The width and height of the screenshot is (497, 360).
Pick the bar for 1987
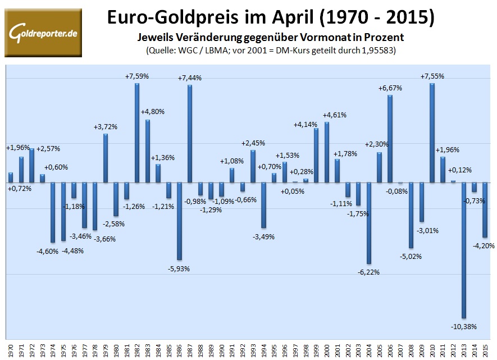pyautogui.click(x=190, y=134)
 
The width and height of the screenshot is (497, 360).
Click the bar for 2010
pyautogui.click(x=432, y=133)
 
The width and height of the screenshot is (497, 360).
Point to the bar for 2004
pyautogui.click(x=369, y=223)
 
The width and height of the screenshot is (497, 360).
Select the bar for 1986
pyautogui.click(x=179, y=221)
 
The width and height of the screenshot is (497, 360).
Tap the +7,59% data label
pyautogui.click(x=136, y=76)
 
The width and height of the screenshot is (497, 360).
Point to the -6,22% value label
pyautogui.click(x=368, y=272)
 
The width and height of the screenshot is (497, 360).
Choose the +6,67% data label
pyautogui.click(x=390, y=88)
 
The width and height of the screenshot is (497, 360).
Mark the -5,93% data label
pyautogui.click(x=179, y=268)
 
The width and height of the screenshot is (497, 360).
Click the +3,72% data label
pyautogui.click(x=105, y=126)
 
